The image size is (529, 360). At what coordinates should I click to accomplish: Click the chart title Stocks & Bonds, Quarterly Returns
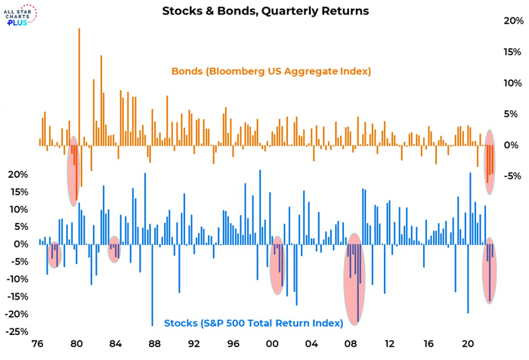[265, 11]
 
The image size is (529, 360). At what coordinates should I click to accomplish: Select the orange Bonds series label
[271, 72]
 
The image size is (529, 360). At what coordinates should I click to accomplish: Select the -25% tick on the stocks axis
[20, 332]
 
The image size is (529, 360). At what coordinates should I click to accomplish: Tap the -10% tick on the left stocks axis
[20, 279]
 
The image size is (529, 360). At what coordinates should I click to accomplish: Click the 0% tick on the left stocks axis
[23, 244]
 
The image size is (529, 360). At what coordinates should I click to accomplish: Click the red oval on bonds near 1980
[74, 170]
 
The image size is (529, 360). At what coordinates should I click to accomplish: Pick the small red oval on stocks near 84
[114, 250]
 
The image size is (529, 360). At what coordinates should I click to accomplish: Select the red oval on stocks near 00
[278, 265]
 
